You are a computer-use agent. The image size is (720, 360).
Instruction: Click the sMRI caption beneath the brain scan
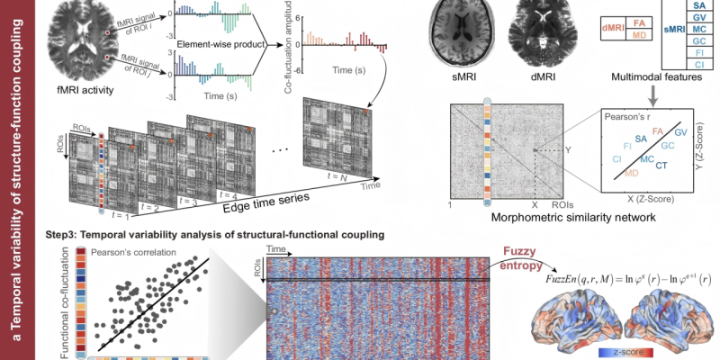[462, 79]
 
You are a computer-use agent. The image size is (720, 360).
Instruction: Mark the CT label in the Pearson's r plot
[661, 166]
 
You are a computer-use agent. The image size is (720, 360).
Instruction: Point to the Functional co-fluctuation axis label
[66, 301]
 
